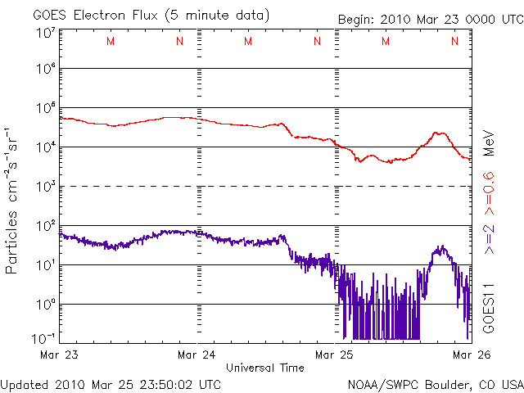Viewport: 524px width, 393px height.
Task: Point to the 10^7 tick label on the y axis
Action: (45, 34)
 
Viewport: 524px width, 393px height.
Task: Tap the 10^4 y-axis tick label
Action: (45, 147)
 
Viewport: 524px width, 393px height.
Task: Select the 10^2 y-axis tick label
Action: (45, 226)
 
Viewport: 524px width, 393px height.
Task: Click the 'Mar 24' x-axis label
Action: (197, 355)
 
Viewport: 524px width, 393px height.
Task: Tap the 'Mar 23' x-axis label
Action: (59, 355)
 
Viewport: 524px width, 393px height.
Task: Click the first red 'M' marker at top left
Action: (111, 41)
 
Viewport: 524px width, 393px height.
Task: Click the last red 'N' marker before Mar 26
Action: (455, 41)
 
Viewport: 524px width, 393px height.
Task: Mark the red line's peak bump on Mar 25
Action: (440, 133)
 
